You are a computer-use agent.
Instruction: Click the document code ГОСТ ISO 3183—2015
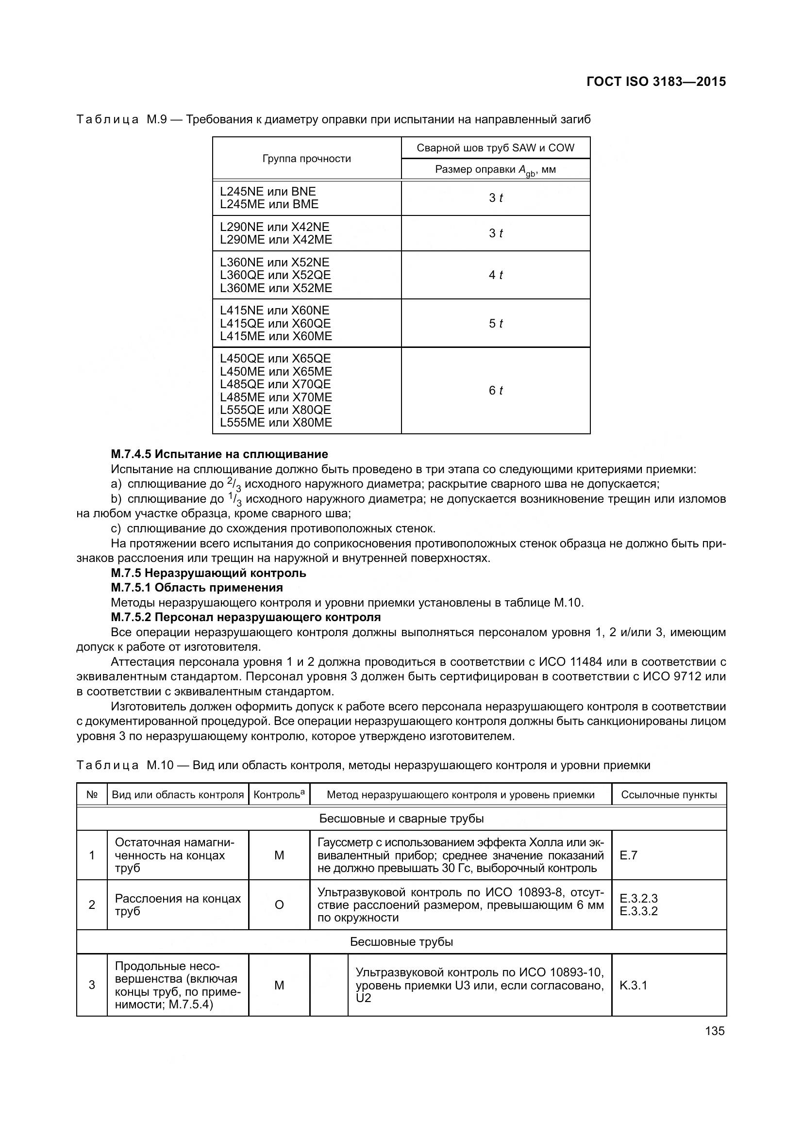[656, 82]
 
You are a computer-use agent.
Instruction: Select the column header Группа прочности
[306, 159]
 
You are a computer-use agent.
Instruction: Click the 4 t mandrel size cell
[496, 275]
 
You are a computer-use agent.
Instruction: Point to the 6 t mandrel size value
[496, 391]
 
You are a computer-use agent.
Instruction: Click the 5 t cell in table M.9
[496, 323]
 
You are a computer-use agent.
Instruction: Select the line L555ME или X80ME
[276, 423]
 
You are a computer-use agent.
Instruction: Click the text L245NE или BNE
[268, 192]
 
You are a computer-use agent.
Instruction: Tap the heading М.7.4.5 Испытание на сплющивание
[219, 454]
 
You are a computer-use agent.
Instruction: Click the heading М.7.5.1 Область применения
[197, 587]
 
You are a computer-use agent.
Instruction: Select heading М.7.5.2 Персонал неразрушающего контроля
[246, 617]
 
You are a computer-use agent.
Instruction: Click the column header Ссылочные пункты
[669, 795]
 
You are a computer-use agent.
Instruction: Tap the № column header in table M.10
[92, 795]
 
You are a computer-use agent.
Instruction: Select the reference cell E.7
[628, 855]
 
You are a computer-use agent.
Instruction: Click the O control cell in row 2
[279, 905]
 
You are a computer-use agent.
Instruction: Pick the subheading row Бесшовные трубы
[401, 942]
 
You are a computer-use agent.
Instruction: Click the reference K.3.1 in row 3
[633, 985]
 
